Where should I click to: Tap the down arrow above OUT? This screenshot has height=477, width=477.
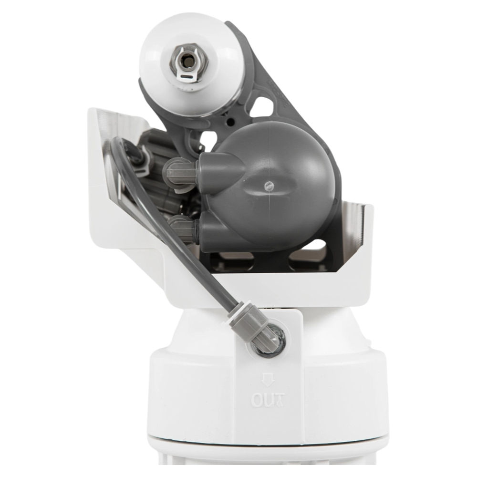[268, 380]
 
